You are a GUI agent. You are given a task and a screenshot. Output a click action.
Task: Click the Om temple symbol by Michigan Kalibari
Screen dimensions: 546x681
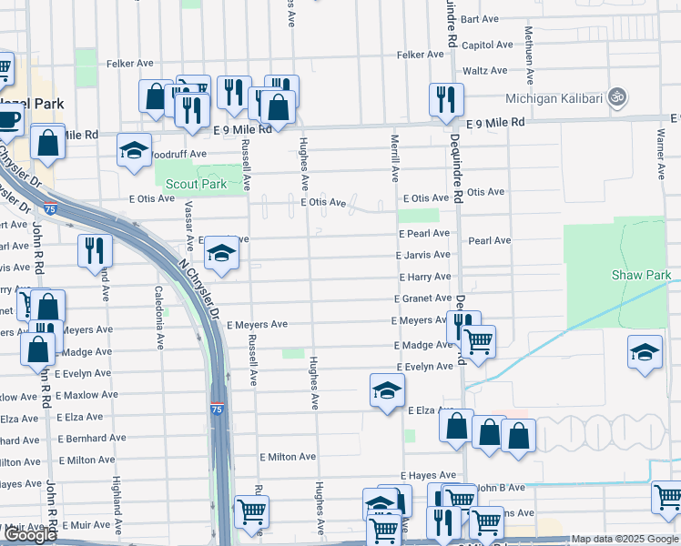pyautogui.click(x=616, y=96)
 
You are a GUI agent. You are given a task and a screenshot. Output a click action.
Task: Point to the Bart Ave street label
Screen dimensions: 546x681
pyautogui.click(x=480, y=18)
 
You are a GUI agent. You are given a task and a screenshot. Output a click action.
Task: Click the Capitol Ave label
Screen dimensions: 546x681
pyautogui.click(x=486, y=45)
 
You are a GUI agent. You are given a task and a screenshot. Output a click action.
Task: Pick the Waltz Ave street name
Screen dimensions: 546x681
pyautogui.click(x=484, y=71)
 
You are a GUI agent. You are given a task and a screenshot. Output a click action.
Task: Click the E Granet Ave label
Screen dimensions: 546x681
pyautogui.click(x=422, y=298)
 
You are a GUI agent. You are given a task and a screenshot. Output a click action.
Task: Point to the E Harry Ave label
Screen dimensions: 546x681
pyautogui.click(x=424, y=277)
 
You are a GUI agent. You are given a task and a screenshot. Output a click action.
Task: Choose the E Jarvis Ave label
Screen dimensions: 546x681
pyautogui.click(x=423, y=256)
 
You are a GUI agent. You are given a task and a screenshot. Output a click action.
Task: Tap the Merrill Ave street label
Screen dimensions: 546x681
pyautogui.click(x=395, y=157)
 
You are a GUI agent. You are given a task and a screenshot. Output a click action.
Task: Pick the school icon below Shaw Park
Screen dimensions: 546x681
pyautogui.click(x=645, y=352)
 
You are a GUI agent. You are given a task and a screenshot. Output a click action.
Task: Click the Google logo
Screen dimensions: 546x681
pyautogui.click(x=30, y=535)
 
